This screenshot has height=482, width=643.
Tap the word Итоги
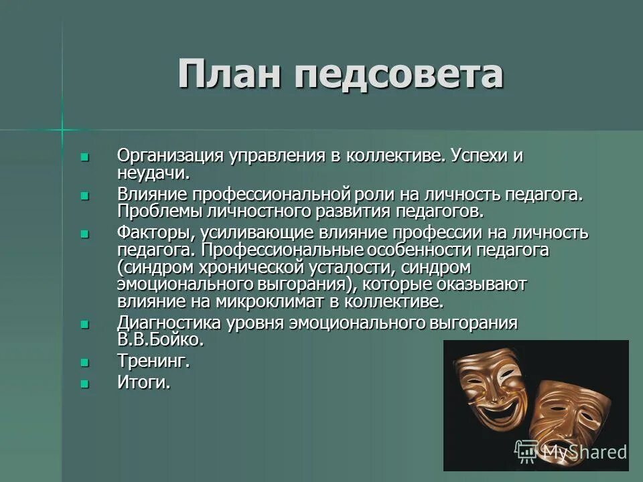(143, 384)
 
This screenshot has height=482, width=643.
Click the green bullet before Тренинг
(84, 362)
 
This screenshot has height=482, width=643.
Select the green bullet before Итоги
(84, 384)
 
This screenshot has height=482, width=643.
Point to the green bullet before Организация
(84, 157)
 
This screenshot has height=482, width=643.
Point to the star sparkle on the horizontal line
(62, 128)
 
